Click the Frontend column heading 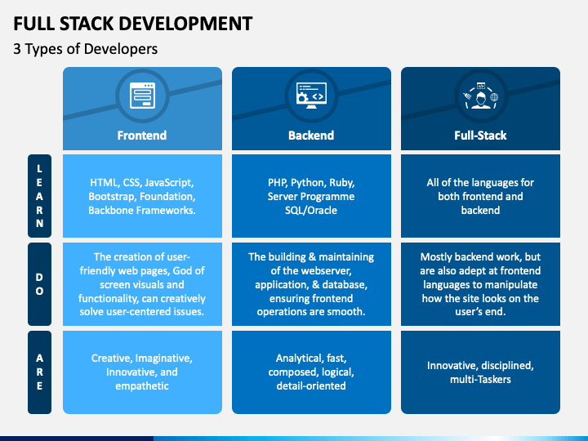tap(142, 135)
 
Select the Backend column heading tap(311, 135)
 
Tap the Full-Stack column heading tap(480, 135)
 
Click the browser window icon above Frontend tap(142, 96)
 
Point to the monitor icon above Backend tap(311, 96)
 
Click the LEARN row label tap(39, 196)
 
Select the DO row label tap(39, 284)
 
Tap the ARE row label tap(39, 372)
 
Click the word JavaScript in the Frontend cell tap(169, 183)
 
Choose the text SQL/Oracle tap(311, 211)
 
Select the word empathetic tap(142, 385)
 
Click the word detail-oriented tap(311, 385)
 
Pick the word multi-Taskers tap(480, 380)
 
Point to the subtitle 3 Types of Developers tap(86, 49)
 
